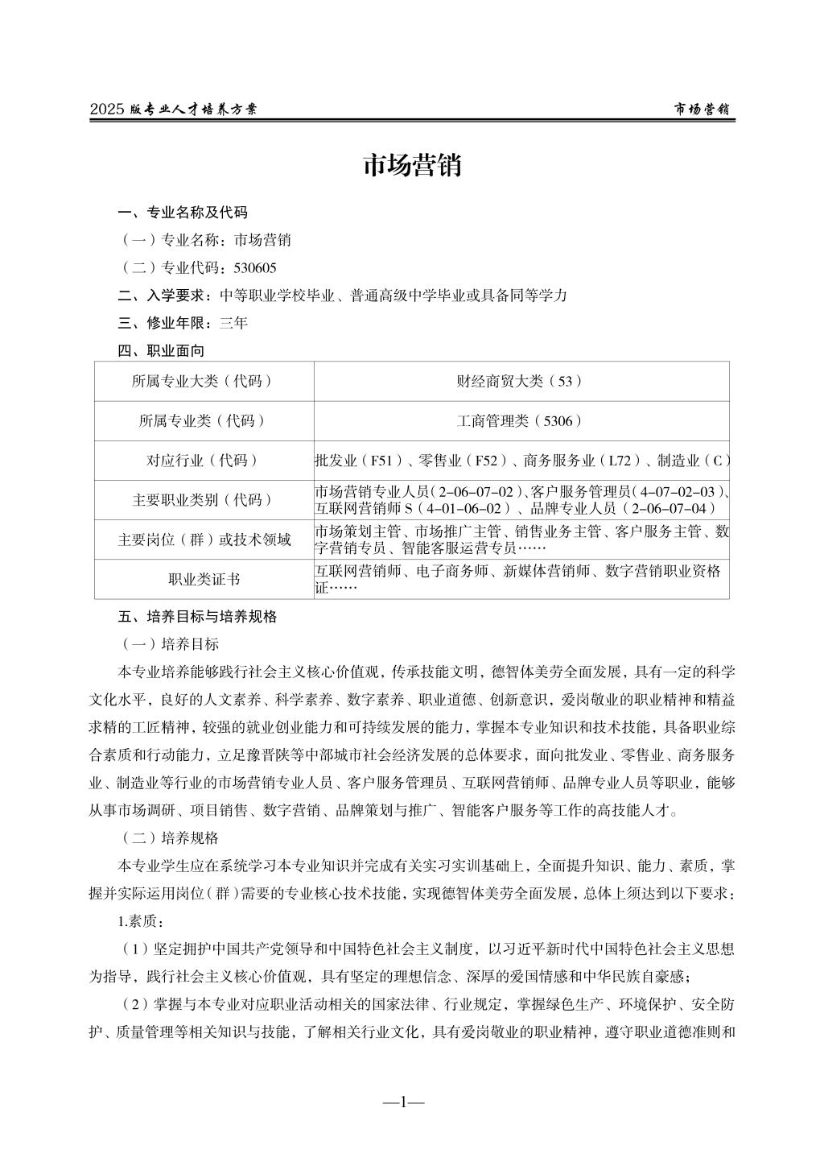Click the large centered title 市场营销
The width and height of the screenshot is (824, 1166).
tap(411, 166)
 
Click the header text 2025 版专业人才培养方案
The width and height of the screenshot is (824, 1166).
tap(173, 110)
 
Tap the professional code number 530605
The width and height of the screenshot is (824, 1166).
tap(254, 267)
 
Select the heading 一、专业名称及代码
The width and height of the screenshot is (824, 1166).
tap(183, 213)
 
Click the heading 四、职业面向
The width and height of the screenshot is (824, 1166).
tap(161, 350)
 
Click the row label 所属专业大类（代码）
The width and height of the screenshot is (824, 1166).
tap(203, 382)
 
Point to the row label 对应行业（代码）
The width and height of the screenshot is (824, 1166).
tap(203, 461)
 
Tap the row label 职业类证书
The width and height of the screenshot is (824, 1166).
tap(203, 580)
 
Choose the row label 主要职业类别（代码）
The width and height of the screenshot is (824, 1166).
tap(203, 500)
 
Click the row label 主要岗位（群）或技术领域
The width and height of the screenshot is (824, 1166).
tap(203, 540)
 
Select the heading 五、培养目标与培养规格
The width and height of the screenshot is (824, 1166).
tap(197, 617)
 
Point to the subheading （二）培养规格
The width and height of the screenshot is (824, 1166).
tap(167, 837)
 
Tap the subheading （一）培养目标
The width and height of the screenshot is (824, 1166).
tap(167, 644)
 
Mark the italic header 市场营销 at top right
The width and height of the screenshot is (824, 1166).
tap(702, 110)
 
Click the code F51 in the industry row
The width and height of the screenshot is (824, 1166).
tap(381, 461)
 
